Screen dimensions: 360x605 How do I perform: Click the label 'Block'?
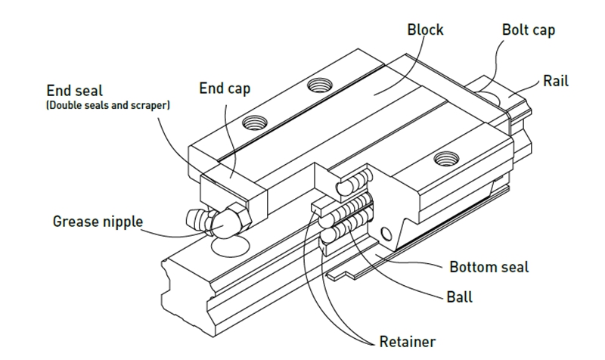coord(425,30)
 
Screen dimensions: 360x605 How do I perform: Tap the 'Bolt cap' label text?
coord(528,30)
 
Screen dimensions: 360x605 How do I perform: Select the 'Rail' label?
coord(556,81)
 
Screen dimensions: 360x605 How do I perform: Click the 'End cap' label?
coord(225,88)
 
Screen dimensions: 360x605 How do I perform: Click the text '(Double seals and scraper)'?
coord(107,105)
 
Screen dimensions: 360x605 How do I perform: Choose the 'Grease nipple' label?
coord(98,222)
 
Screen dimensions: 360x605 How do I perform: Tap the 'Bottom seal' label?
coord(489,267)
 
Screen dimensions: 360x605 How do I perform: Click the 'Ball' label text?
coord(459,296)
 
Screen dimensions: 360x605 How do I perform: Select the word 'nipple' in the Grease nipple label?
coord(123,222)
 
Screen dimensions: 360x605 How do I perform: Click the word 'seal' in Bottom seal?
coord(514,267)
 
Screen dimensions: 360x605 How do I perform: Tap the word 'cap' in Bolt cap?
coord(543,30)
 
